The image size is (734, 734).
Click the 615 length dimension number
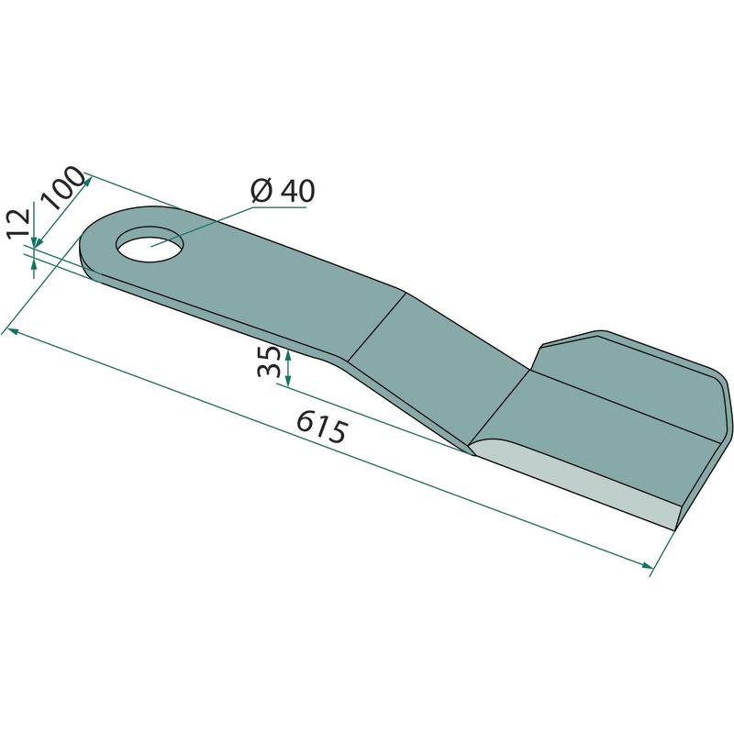click(323, 425)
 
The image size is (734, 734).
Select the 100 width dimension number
click(62, 187)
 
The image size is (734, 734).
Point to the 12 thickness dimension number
click(19, 223)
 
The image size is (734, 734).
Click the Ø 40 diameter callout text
click(283, 191)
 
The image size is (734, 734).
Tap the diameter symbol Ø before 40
click(262, 191)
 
